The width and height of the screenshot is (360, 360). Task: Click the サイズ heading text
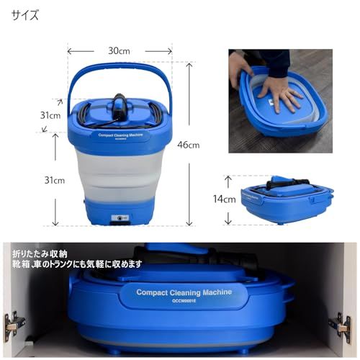click(25, 14)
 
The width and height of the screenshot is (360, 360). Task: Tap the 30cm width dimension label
click(119, 51)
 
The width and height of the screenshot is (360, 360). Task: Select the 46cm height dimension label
click(189, 145)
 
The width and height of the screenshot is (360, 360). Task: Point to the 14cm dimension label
click(224, 199)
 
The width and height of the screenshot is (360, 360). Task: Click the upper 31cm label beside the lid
click(50, 115)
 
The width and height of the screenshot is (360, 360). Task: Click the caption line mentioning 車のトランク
click(76, 264)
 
